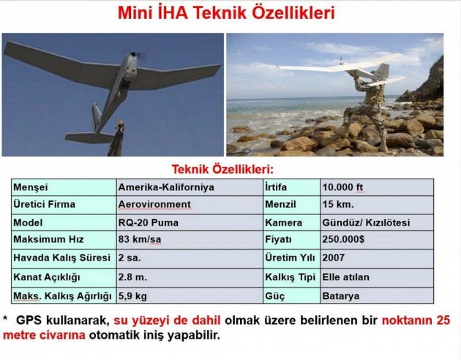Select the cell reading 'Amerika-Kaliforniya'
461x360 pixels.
point(166,187)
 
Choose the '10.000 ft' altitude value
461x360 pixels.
point(343,187)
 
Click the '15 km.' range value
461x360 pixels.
point(336,205)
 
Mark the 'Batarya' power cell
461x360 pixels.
point(340,296)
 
